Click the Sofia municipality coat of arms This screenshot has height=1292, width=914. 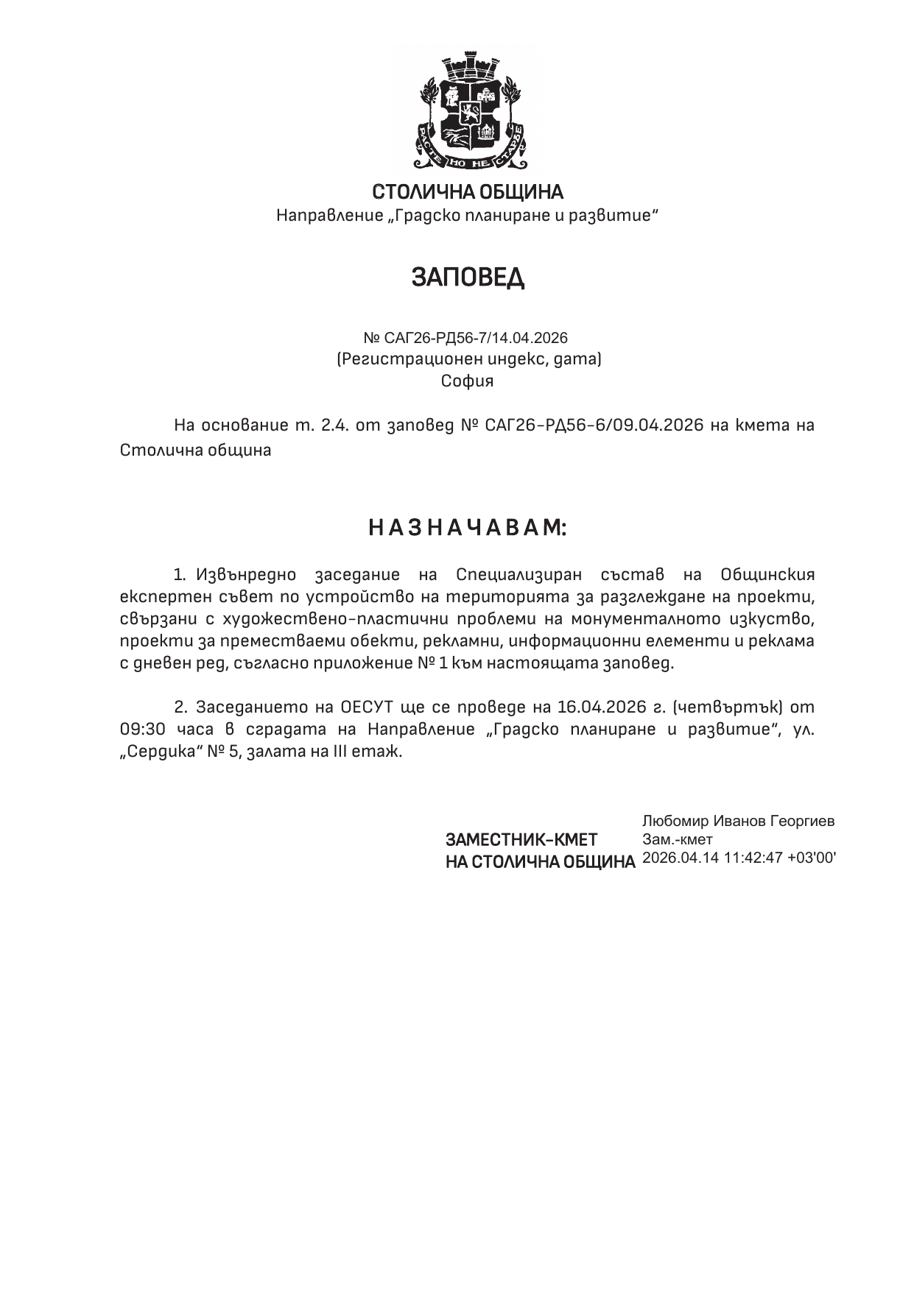[467, 109]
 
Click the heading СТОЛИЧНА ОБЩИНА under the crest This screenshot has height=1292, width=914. [468, 193]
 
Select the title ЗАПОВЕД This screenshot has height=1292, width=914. [468, 278]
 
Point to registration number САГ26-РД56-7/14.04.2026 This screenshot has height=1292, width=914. [476, 338]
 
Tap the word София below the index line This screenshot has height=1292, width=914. [468, 381]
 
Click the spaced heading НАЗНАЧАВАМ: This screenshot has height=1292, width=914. [468, 528]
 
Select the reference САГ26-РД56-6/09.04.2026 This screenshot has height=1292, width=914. [594, 426]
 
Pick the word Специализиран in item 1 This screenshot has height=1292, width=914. [518, 574]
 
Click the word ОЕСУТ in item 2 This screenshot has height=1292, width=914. [366, 707]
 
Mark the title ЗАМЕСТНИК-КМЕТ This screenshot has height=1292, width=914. [521, 840]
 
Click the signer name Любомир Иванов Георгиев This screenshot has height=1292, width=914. [738, 821]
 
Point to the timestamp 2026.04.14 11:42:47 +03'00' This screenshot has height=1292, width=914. [739, 858]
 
